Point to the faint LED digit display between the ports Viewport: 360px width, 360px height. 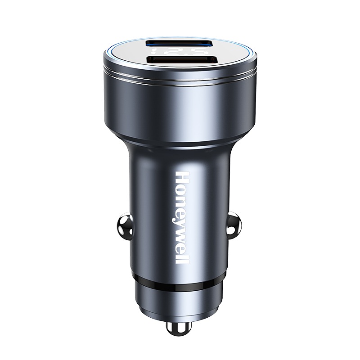pos(180,52)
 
